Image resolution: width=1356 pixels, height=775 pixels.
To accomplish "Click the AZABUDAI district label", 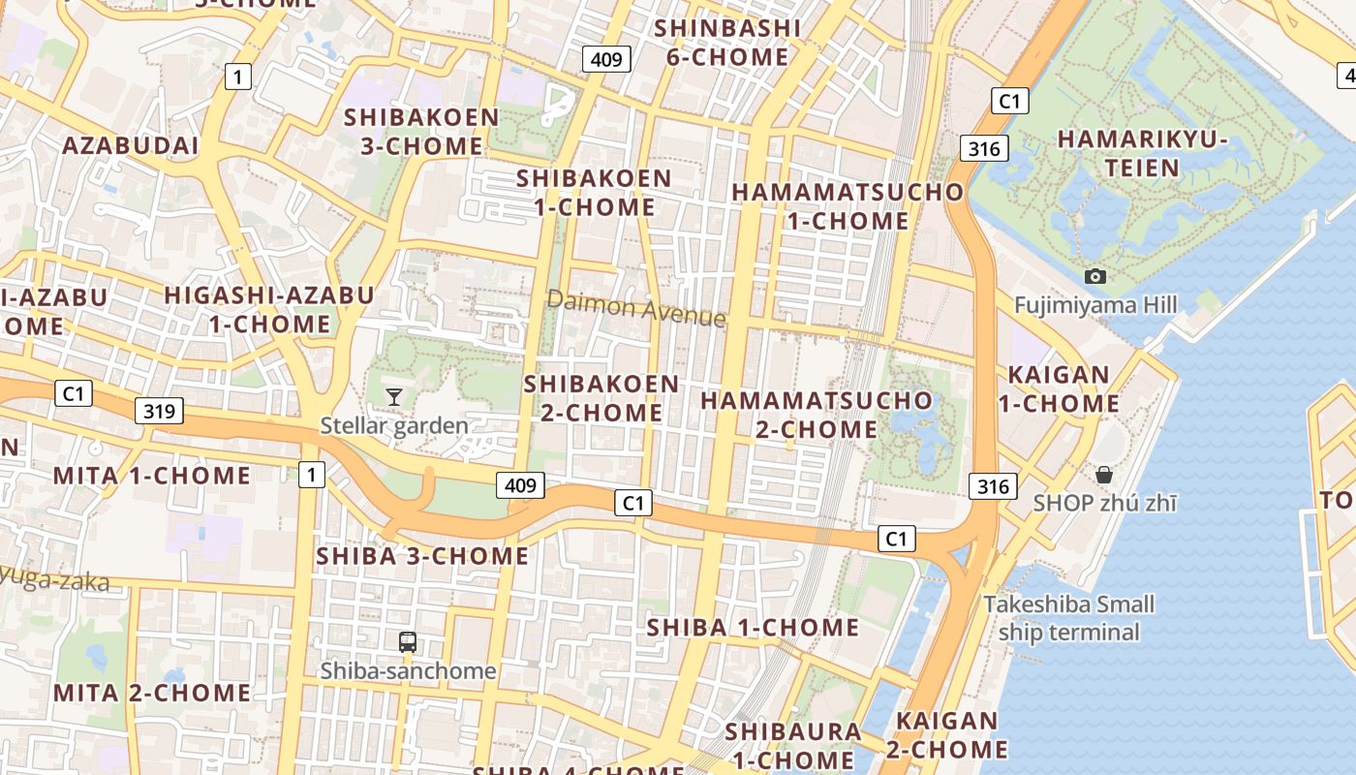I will pos(130,146).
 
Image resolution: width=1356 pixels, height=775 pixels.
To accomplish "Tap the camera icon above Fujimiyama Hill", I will pos(1095,276).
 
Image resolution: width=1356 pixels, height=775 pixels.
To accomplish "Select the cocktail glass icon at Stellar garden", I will pos(393,396).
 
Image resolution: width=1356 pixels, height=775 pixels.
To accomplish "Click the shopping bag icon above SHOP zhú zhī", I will pos(1103,475).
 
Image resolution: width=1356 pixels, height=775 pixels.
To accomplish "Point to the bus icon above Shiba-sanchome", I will pos(408,641).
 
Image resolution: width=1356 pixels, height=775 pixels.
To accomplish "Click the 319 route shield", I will pos(159,411).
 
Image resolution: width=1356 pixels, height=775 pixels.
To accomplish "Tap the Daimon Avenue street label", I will pos(635,308).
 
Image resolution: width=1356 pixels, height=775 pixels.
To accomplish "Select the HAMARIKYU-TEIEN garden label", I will pos(1143,153).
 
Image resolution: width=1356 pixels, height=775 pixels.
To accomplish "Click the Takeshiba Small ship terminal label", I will pos(1069,618).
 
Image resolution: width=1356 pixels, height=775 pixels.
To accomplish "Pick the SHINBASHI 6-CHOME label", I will pos(727,43).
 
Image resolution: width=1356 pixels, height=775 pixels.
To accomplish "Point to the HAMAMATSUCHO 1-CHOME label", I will pos(847,206).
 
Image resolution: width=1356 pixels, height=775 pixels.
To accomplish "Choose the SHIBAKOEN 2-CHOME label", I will pos(601,398).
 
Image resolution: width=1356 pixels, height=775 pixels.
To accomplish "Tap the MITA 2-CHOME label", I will pos(152,693).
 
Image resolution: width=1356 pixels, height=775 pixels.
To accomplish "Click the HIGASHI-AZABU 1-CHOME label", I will pos(269,309).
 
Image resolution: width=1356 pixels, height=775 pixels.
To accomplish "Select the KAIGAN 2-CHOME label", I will pos(946,735).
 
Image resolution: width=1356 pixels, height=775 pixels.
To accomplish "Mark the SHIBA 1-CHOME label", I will pos(753,627).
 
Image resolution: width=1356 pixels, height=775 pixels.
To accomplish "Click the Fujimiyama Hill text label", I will pos(1095,305).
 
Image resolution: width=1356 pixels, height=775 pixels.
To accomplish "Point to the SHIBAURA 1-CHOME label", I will pos(793,745).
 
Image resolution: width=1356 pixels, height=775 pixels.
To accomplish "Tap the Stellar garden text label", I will pos(394,425).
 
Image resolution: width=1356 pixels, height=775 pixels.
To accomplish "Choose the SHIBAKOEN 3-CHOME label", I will pos(421,132).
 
